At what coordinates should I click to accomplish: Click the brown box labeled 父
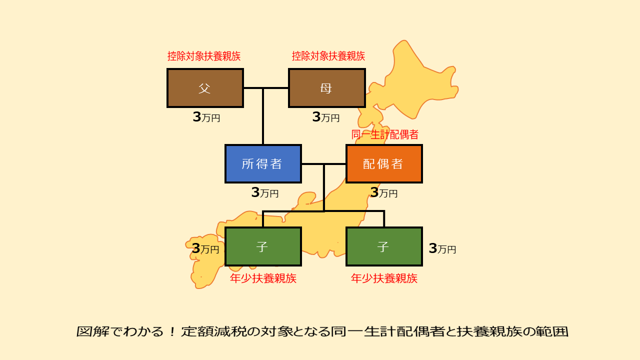point(205,88)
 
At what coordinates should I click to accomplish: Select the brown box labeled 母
point(327,88)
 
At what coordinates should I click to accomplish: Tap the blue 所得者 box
point(263,163)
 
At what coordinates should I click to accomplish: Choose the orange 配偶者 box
point(384,163)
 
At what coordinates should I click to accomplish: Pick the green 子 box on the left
point(263,246)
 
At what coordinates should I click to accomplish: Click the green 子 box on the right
point(384,246)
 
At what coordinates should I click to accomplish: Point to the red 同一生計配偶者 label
point(385,134)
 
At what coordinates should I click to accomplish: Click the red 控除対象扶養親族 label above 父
point(203,56)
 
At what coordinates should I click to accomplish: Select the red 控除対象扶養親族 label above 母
point(328,56)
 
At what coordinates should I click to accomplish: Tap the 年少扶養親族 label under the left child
point(263,278)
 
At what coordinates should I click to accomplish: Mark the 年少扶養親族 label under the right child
point(384,278)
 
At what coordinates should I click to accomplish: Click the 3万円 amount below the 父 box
point(206,117)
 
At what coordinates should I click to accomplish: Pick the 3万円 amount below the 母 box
point(325,117)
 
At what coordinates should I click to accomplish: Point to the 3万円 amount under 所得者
point(265,192)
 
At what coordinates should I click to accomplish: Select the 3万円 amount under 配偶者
point(383,192)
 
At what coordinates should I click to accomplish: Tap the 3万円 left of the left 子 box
point(205,248)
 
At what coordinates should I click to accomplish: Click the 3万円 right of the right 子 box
point(442,248)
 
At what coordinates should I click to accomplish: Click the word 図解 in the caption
point(93,331)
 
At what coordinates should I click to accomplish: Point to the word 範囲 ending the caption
point(551,331)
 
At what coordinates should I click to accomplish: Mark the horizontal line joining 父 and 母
point(266,88)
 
